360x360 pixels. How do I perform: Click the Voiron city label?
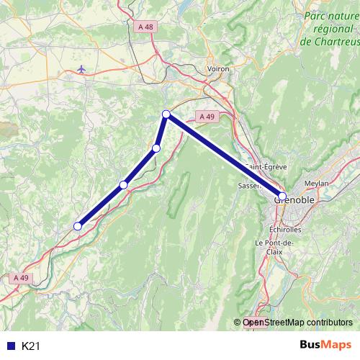coord(218,69)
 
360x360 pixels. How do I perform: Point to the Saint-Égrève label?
coord(266,166)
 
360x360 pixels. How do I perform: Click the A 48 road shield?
coord(144,27)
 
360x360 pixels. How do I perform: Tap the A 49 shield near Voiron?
coord(206,116)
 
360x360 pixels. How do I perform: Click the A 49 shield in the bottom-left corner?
coord(22,277)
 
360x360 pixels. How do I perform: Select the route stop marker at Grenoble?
coord(282,196)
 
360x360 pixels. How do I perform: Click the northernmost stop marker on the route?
coord(166,114)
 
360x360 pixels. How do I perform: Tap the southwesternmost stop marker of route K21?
coord(78,226)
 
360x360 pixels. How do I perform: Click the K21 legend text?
coord(31,346)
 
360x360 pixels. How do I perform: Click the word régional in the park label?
coord(332,28)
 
